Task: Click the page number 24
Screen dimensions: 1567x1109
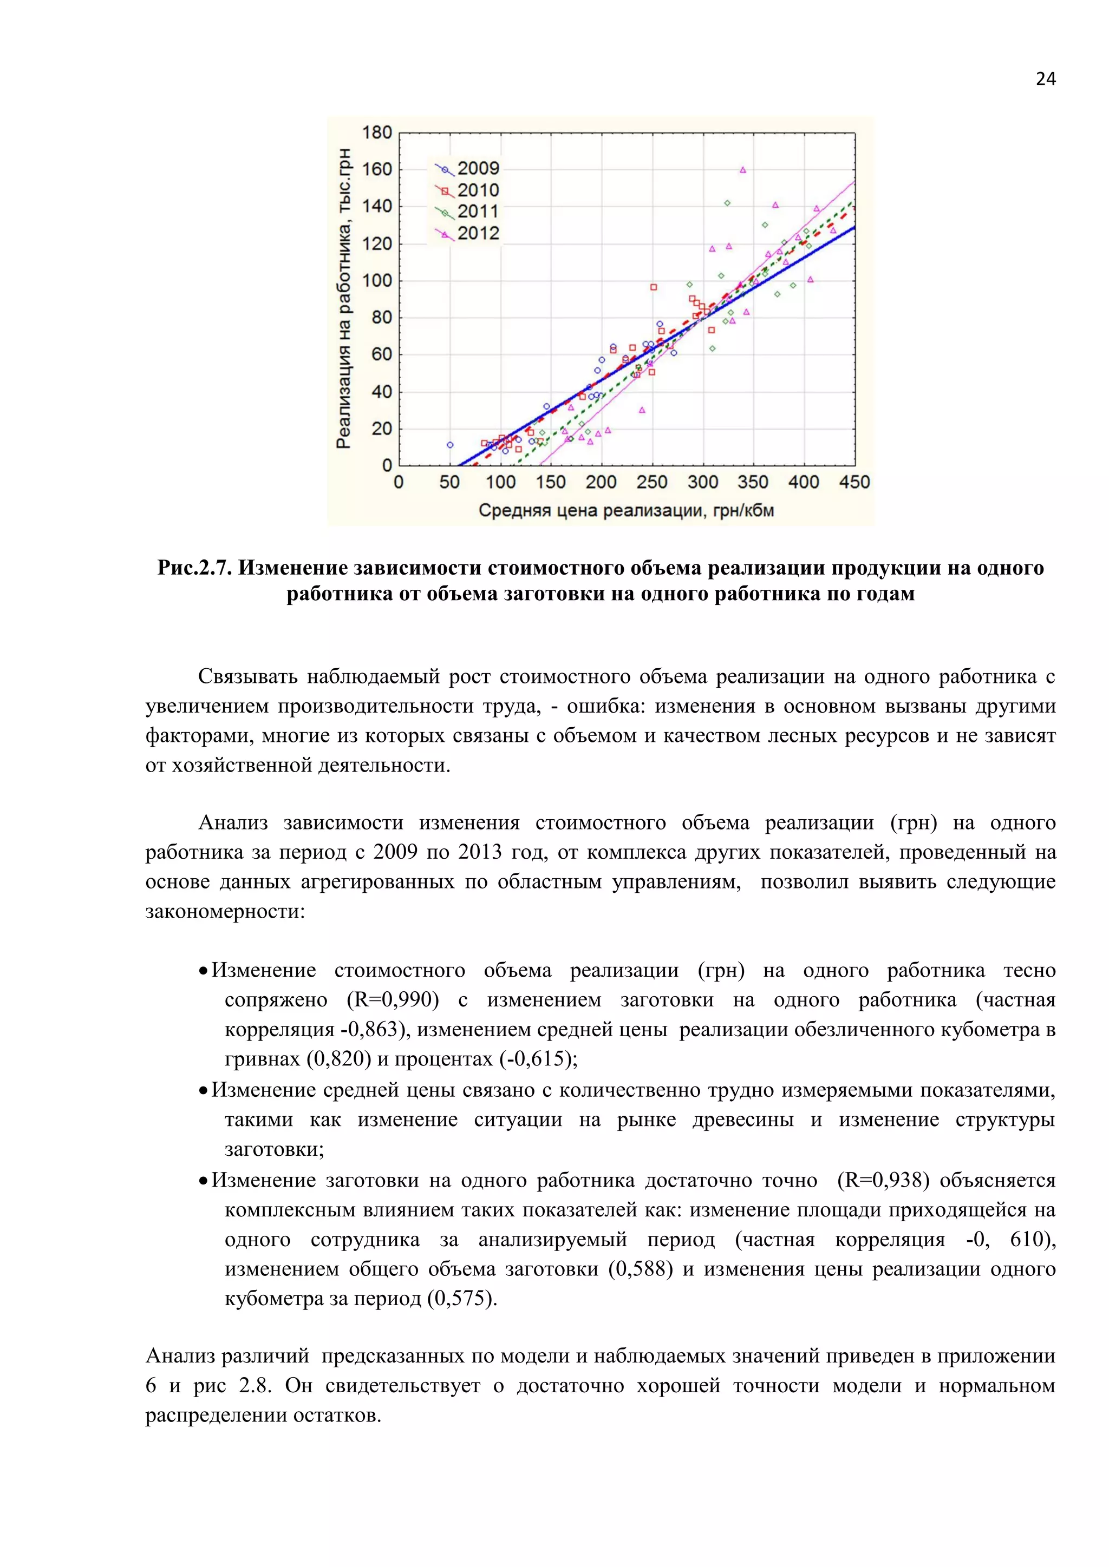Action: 1045,79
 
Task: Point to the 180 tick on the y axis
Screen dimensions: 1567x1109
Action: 377,133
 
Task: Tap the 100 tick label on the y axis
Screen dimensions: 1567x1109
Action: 377,280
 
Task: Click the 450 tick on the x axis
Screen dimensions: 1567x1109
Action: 854,483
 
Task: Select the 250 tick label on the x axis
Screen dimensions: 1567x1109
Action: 651,483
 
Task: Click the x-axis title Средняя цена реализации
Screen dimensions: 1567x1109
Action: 625,510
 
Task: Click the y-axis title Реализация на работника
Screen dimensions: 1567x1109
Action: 344,298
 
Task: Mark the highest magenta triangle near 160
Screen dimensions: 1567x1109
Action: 743,170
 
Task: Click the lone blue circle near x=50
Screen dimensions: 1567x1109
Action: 450,445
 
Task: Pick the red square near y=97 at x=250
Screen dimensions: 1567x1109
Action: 654,287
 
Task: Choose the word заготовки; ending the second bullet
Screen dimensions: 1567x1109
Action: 275,1149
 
